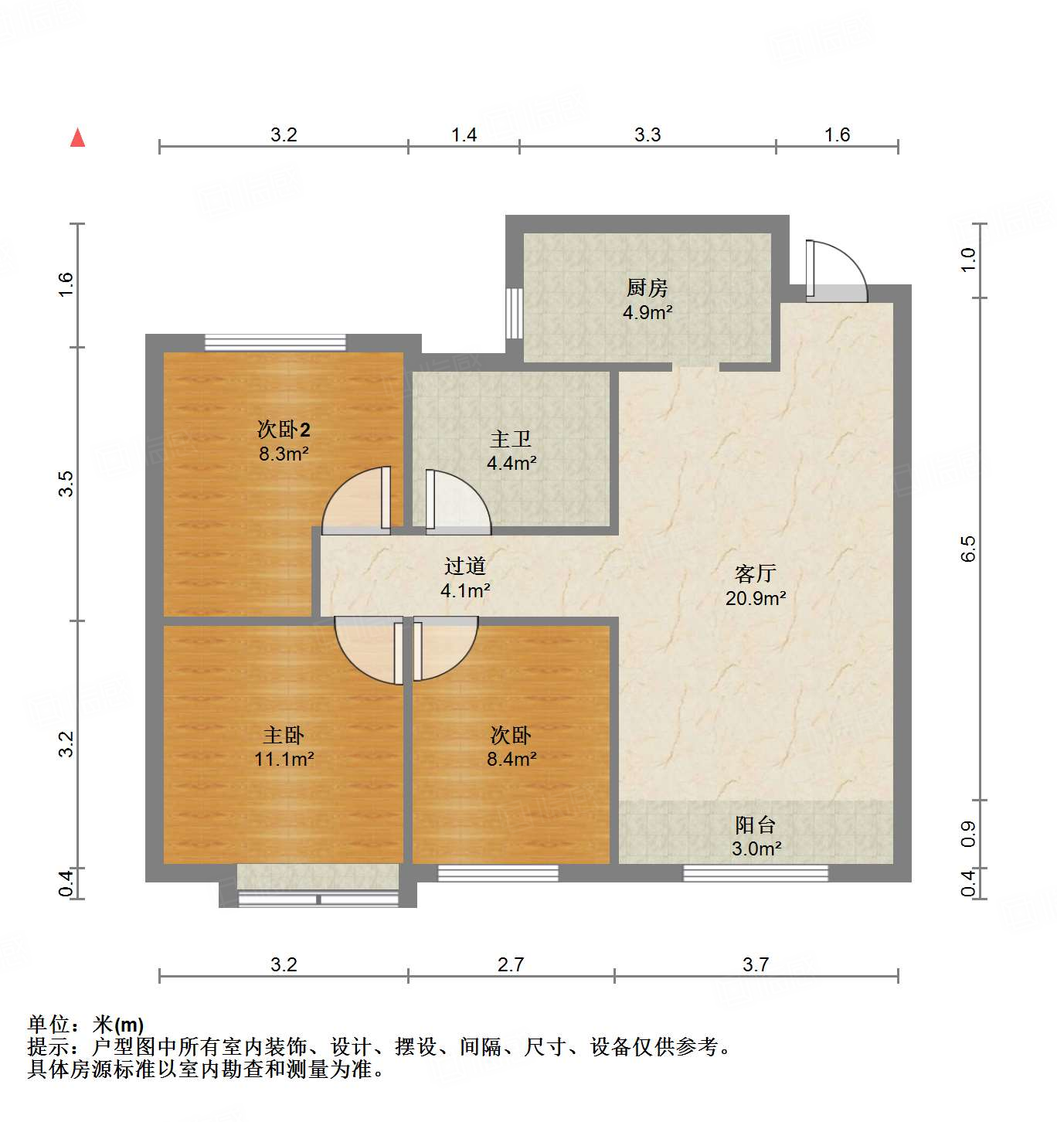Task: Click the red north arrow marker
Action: (x=77, y=138)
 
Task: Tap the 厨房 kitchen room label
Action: (x=647, y=288)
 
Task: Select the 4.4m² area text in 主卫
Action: (x=512, y=464)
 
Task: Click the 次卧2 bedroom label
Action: (x=284, y=430)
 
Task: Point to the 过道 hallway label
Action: (x=465, y=566)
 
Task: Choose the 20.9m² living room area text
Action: (x=756, y=598)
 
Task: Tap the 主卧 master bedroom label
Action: (x=284, y=735)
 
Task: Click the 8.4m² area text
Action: (x=512, y=759)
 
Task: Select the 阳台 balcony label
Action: (x=755, y=824)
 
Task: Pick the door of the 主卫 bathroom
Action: (x=456, y=502)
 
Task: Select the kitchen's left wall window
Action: (x=514, y=313)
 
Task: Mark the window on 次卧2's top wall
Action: (x=275, y=342)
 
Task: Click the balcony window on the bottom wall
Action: (x=756, y=874)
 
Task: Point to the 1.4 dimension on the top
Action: (x=464, y=135)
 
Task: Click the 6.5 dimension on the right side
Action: (x=968, y=549)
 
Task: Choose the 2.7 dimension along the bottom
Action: (x=511, y=964)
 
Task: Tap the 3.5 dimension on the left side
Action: (x=66, y=484)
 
